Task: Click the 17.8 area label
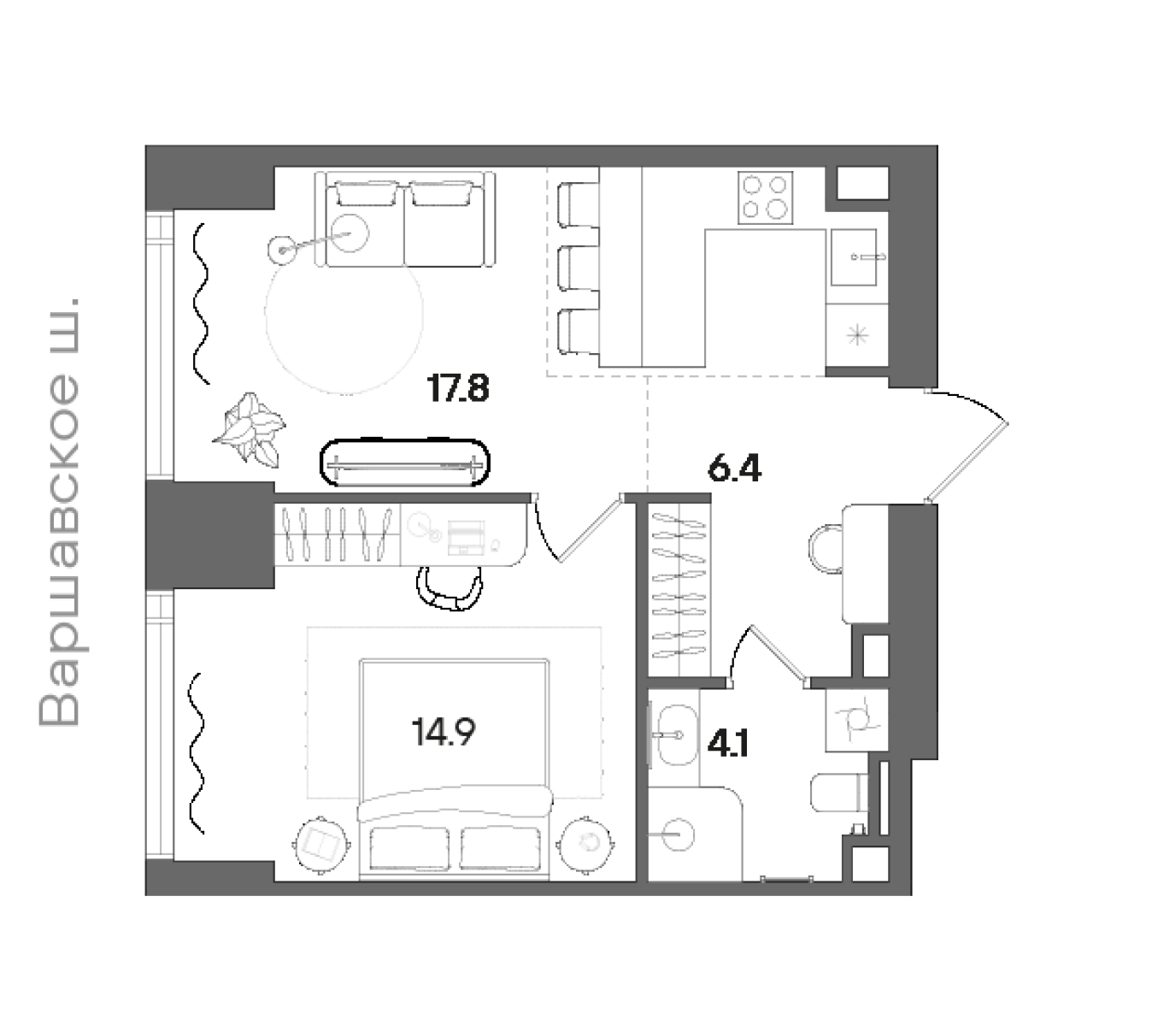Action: pos(458,389)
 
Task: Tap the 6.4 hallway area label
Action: pos(734,469)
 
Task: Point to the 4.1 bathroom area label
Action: pos(728,743)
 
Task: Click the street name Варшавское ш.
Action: pos(59,511)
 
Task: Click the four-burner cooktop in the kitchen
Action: pos(765,198)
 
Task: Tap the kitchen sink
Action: pos(854,257)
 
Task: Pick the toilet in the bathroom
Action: pos(839,793)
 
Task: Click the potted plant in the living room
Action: pos(250,429)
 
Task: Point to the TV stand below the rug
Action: pos(405,463)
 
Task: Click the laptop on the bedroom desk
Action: pos(466,537)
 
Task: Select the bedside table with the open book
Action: pos(320,845)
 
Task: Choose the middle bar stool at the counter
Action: pos(579,268)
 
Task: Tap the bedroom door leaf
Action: pos(591,529)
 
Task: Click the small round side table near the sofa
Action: pos(282,251)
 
